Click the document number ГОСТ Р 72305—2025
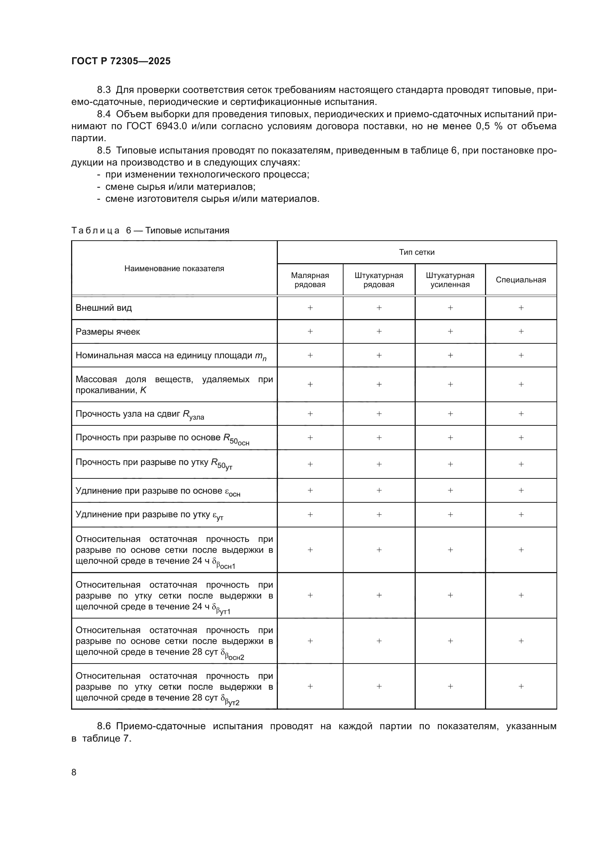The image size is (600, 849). coord(121,61)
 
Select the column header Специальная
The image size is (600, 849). coord(521,280)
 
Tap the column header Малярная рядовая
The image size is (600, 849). coord(309,280)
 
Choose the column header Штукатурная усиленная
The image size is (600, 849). coord(449,280)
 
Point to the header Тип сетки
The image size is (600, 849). coord(416,252)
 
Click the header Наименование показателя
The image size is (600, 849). coord(174,269)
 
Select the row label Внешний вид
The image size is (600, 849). coord(103,308)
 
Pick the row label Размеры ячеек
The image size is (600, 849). coord(107,332)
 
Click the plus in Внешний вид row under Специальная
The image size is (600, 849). coord(521,308)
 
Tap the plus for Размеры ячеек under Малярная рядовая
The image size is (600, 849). coord(310,331)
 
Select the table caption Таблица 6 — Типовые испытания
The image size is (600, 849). coord(150,230)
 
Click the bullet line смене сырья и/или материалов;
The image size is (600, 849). coord(180,187)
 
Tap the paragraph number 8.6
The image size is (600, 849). coord(104,726)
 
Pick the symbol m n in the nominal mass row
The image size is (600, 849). coord(260,356)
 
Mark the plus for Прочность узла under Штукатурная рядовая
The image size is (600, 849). coord(379,414)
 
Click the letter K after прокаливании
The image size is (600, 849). coord(143,390)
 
